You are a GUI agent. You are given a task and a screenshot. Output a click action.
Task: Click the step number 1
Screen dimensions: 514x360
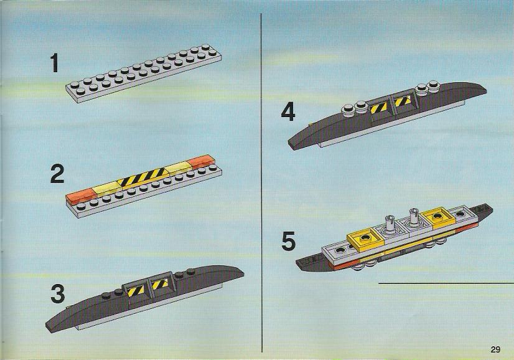click(54, 64)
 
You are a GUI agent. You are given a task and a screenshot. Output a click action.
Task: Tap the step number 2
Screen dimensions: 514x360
click(57, 174)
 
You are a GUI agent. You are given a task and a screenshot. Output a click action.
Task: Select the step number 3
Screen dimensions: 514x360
click(58, 294)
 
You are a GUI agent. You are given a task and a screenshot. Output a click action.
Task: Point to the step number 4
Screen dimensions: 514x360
click(288, 112)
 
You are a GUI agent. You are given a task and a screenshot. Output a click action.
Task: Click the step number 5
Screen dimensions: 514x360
click(289, 241)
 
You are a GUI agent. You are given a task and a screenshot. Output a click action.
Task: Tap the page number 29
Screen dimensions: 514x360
click(495, 349)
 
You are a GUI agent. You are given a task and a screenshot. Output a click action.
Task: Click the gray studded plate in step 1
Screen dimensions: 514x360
click(144, 73)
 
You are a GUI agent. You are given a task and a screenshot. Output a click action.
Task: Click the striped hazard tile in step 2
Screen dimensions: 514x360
click(141, 178)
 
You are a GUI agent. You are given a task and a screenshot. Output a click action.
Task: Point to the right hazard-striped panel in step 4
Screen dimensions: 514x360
click(402, 100)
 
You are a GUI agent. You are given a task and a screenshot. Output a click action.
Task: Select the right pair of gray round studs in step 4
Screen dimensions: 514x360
click(428, 87)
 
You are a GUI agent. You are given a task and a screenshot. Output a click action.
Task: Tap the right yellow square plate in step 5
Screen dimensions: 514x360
click(437, 218)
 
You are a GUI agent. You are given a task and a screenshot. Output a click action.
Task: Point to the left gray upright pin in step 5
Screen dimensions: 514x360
click(390, 225)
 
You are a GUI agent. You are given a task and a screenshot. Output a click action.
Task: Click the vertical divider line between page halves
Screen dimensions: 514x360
click(261, 182)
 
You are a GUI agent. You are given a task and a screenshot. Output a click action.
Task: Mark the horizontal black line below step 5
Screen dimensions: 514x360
click(446, 283)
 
